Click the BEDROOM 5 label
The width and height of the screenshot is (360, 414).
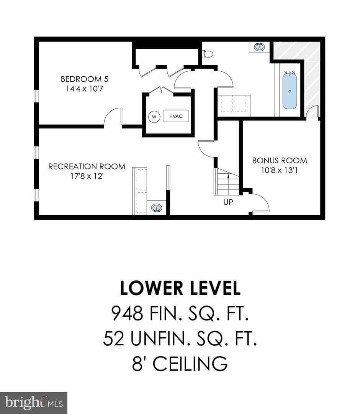click(x=84, y=79)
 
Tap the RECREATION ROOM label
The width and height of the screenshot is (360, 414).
click(x=87, y=166)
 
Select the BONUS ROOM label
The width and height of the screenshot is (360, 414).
click(x=280, y=161)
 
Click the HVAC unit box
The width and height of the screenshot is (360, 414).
click(x=176, y=116)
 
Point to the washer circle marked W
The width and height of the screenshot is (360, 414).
click(x=154, y=117)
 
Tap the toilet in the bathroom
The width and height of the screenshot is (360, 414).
click(x=207, y=54)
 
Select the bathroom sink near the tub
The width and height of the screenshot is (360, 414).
click(x=260, y=47)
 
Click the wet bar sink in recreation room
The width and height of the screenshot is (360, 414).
click(x=157, y=207)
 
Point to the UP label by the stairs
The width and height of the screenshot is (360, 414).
click(x=228, y=202)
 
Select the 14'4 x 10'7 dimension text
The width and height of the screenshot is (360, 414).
click(x=84, y=89)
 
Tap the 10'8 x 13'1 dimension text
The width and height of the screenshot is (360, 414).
click(x=280, y=170)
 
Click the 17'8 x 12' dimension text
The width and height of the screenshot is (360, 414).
click(x=87, y=176)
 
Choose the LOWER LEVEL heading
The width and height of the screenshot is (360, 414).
click(x=180, y=288)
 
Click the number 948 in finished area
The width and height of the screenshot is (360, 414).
click(x=128, y=313)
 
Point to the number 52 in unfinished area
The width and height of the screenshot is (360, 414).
click(x=113, y=338)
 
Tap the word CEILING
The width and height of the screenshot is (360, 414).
click(x=190, y=363)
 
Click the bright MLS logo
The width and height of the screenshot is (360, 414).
click(x=34, y=403)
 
